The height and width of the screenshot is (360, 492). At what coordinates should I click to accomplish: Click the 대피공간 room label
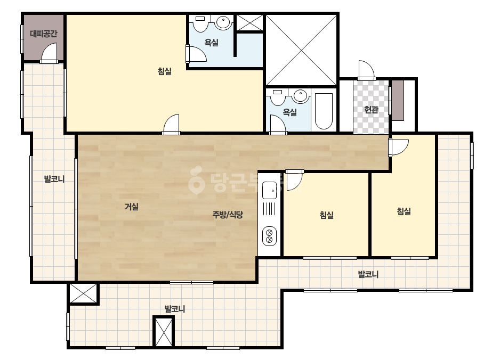click(44, 33)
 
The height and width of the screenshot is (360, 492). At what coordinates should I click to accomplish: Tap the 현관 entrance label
click(371, 110)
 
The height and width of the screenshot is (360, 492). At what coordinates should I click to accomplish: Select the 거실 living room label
click(132, 207)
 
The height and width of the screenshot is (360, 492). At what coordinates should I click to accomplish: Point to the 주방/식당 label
click(228, 215)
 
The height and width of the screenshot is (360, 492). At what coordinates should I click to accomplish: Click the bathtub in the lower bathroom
click(324, 111)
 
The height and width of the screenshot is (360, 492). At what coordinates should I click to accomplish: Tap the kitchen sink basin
click(269, 190)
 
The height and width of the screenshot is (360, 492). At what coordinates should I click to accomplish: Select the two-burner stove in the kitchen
click(269, 236)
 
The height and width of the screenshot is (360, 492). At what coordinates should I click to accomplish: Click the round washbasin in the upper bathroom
click(222, 22)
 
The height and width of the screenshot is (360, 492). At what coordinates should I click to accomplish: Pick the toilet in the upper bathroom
click(200, 23)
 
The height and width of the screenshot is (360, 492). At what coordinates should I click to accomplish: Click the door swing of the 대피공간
click(49, 53)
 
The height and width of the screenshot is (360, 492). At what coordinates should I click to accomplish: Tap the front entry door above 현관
click(367, 70)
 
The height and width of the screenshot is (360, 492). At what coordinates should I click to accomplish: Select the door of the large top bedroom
click(171, 124)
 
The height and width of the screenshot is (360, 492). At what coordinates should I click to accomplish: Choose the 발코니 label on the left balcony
click(54, 179)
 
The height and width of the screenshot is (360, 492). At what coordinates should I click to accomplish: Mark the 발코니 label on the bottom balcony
click(175, 309)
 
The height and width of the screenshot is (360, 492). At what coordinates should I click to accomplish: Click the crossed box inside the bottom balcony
click(164, 331)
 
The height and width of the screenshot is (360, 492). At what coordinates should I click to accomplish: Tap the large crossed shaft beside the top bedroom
click(301, 50)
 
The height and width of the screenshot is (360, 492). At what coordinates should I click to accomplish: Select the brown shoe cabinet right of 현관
click(398, 100)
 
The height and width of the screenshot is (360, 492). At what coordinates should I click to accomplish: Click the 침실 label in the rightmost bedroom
click(404, 211)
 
